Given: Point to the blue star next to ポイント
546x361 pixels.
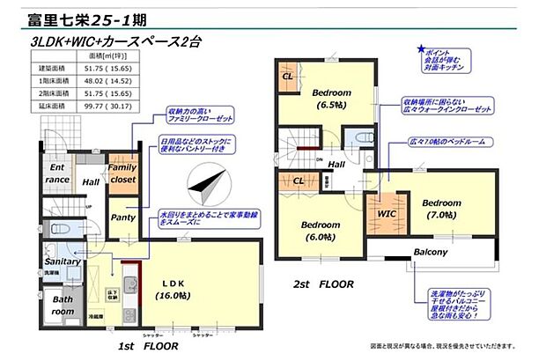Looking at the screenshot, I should click(422, 51).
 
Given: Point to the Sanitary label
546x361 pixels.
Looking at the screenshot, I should click(63, 262).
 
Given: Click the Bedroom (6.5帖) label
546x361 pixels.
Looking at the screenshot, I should click(332, 99).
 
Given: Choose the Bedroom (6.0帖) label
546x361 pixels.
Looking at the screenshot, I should click(318, 231).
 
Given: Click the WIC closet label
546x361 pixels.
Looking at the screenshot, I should click(384, 212).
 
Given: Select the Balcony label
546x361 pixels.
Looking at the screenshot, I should click(431, 253).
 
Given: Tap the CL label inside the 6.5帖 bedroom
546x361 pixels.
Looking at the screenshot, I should click(288, 76).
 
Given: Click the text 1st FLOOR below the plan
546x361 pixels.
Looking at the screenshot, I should click(148, 346).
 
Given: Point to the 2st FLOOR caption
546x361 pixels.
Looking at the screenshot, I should click(323, 284).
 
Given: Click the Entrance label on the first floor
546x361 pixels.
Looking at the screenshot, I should click(58, 173).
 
